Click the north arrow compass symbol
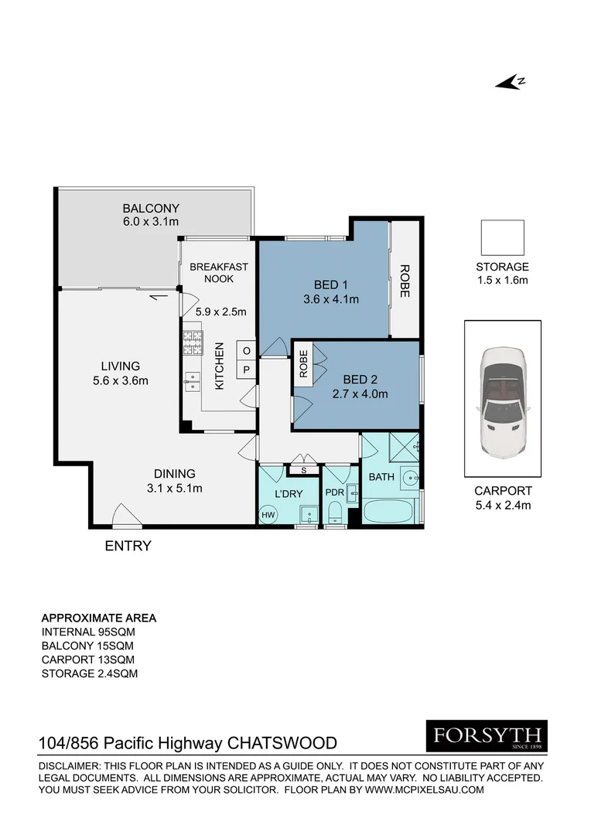[x=511, y=82]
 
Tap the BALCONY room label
[x=151, y=208]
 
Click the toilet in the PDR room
[x=334, y=513]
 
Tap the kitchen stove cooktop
[x=192, y=343]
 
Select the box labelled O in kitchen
[x=246, y=350]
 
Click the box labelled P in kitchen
[x=246, y=370]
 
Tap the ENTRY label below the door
[x=128, y=546]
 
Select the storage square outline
[x=502, y=237]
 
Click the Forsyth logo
[x=487, y=736]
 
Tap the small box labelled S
[x=303, y=469]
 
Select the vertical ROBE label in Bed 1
[x=404, y=281]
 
